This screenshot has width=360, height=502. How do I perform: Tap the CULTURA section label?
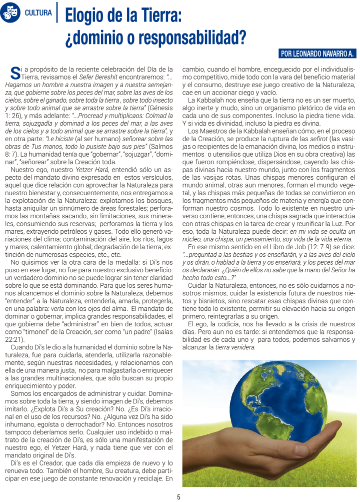pos(38,13)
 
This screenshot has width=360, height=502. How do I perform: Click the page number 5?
pos(178,497)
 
